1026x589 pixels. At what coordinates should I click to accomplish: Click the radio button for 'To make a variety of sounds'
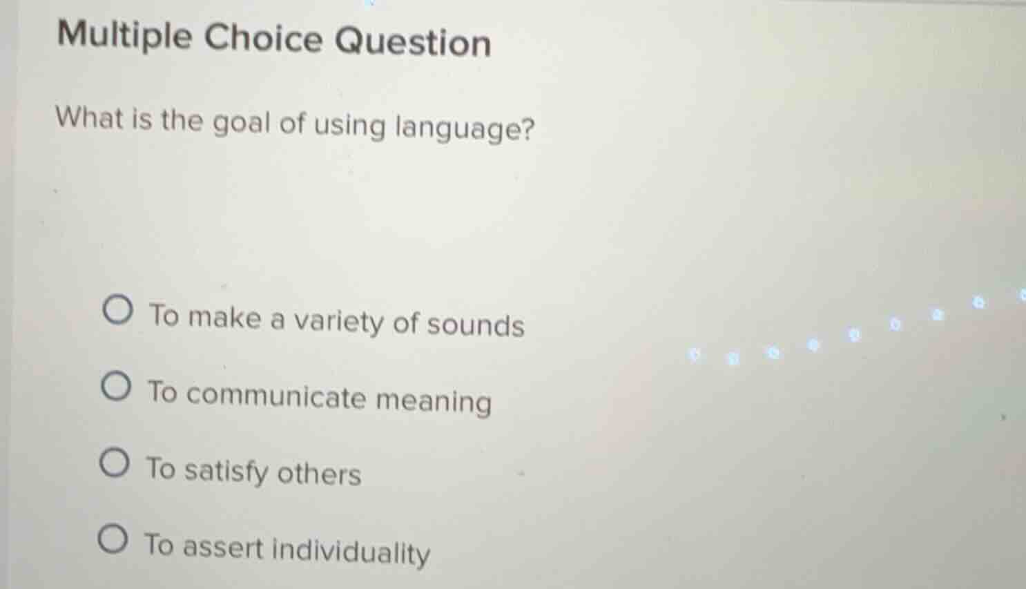[x=117, y=311]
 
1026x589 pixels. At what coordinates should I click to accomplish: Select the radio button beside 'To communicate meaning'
[x=115, y=387]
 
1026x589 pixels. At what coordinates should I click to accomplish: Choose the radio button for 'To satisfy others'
[x=114, y=463]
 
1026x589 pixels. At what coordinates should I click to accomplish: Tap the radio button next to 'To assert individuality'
[x=113, y=539]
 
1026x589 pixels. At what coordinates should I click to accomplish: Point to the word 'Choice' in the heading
[x=263, y=37]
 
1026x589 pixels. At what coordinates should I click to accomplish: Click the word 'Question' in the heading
[x=413, y=41]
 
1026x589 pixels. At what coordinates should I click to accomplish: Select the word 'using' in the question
[x=349, y=126]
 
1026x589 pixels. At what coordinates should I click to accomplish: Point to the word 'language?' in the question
[x=465, y=129]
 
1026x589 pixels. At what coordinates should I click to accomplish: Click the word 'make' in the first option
[x=224, y=318]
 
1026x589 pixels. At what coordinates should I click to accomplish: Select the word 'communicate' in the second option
[x=276, y=396]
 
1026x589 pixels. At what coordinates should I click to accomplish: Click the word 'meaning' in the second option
[x=433, y=401]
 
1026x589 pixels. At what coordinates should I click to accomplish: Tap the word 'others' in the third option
[x=319, y=474]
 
